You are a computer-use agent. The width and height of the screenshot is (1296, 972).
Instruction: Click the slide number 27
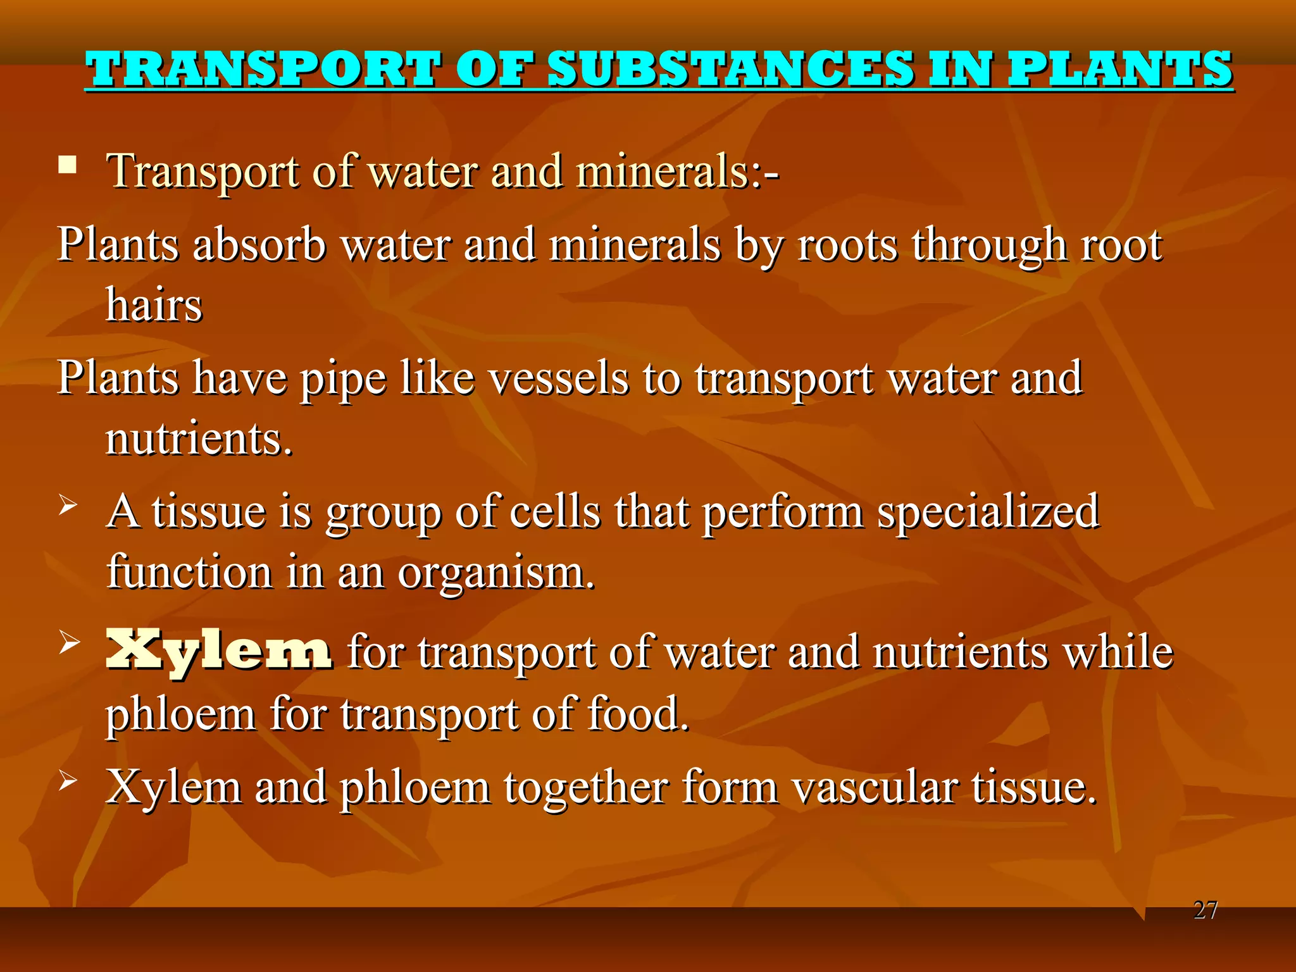click(1205, 910)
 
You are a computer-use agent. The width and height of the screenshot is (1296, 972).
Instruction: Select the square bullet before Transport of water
click(67, 166)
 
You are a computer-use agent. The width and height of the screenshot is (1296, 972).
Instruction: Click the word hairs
click(154, 305)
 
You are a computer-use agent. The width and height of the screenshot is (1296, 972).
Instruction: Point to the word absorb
click(259, 244)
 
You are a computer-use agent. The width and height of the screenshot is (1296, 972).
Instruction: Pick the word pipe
click(342, 379)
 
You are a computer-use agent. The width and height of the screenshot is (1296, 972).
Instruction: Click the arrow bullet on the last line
click(68, 782)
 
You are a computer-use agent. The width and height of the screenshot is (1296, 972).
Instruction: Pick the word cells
click(554, 511)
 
